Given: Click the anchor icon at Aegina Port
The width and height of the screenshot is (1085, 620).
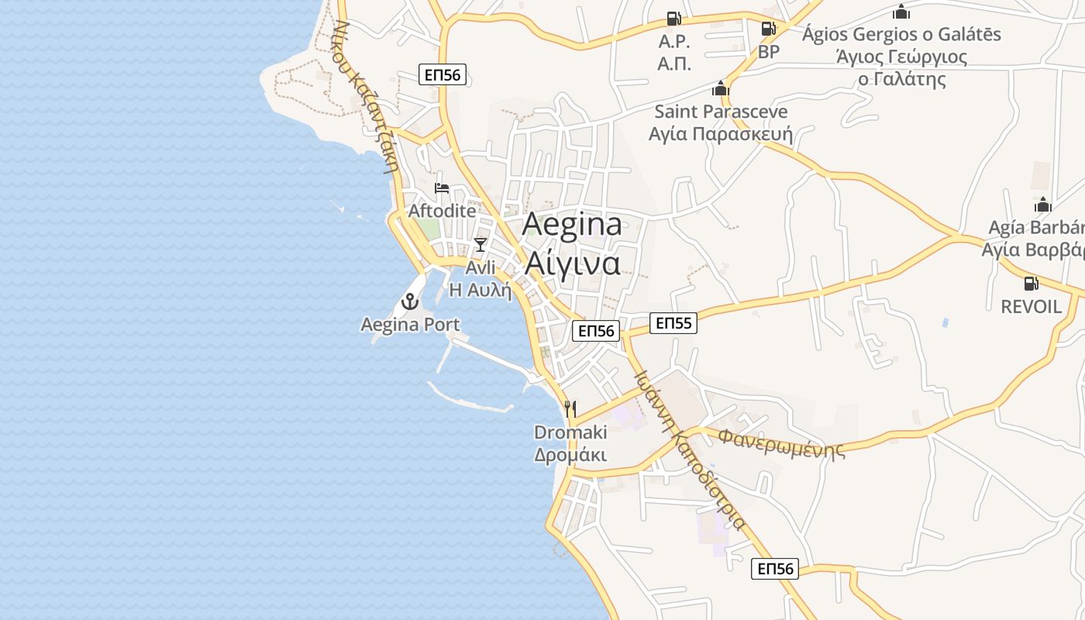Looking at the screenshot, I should tap(410, 301).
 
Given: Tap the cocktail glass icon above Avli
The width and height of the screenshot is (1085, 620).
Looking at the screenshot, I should tap(480, 245).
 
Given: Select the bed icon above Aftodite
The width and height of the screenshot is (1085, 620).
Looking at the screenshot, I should tap(442, 188).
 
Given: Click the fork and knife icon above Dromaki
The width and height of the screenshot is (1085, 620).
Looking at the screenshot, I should tap(570, 408).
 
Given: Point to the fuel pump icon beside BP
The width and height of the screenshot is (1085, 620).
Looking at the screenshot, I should tap(768, 29).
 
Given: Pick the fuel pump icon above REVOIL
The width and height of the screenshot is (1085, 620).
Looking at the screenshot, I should tap(1031, 284).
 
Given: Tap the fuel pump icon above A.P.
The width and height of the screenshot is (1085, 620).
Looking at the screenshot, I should tap(673, 19).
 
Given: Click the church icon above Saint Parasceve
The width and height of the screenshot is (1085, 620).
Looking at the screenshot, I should tap(721, 88).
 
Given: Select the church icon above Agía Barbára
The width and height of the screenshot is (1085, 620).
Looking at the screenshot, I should tap(1043, 205).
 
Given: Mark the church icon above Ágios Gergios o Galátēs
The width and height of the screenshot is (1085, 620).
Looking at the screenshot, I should tap(901, 12).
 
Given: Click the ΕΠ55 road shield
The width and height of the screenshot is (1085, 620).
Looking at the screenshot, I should tap(672, 323).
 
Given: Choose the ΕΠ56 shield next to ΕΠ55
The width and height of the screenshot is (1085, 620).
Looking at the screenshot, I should tap(596, 331).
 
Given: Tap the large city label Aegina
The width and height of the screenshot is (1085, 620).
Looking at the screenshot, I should tap(572, 225).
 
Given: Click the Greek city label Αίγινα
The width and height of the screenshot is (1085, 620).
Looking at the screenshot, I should tap(573, 263).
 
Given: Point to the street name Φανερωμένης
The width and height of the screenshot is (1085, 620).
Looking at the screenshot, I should tap(781, 442).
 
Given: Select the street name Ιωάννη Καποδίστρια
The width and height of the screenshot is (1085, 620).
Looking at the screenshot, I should tap(689, 450).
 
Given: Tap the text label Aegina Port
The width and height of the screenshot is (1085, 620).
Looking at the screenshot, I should tap(410, 325).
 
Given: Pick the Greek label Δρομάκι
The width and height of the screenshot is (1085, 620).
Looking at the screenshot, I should tap(570, 454).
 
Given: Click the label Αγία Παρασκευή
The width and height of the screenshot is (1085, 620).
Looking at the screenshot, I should tap(721, 134).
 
